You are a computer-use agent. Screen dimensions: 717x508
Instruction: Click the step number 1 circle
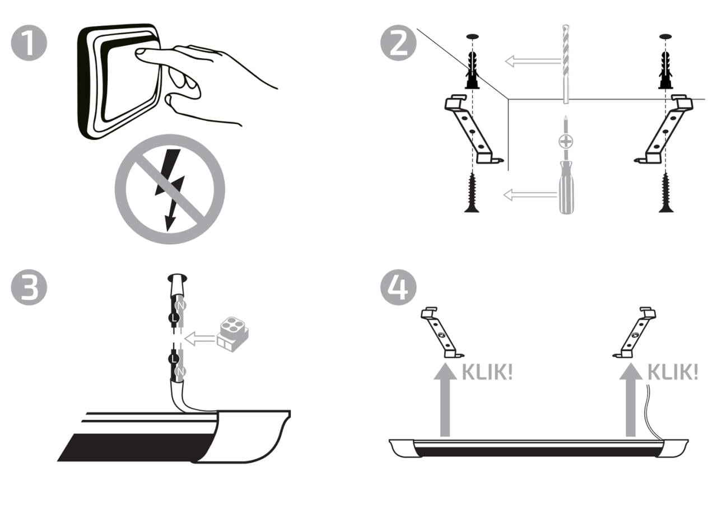[29, 43]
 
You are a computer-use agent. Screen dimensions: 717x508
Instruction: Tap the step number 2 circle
[398, 43]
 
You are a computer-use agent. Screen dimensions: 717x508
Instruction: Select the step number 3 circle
[29, 287]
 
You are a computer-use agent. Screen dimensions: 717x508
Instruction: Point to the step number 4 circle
[398, 287]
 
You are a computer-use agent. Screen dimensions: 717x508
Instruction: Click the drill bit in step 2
[566, 64]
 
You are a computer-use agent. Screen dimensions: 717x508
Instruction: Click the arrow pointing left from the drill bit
[533, 61]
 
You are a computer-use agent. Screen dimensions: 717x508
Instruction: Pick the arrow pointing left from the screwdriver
[530, 194]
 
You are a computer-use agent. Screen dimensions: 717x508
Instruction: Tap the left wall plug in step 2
[472, 70]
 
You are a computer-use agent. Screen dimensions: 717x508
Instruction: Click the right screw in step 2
[666, 192]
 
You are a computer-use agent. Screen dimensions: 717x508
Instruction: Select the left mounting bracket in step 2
[473, 129]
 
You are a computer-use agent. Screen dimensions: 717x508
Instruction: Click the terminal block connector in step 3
[232, 334]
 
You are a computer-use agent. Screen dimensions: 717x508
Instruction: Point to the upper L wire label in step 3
[174, 318]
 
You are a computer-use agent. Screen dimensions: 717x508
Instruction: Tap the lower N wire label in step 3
[181, 372]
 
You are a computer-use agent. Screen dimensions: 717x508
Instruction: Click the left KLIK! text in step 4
[487, 372]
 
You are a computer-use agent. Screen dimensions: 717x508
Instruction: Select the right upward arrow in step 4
[631, 399]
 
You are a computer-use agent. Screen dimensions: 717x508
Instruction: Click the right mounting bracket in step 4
[634, 333]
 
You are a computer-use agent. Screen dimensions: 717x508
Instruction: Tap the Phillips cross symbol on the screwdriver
[566, 141]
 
